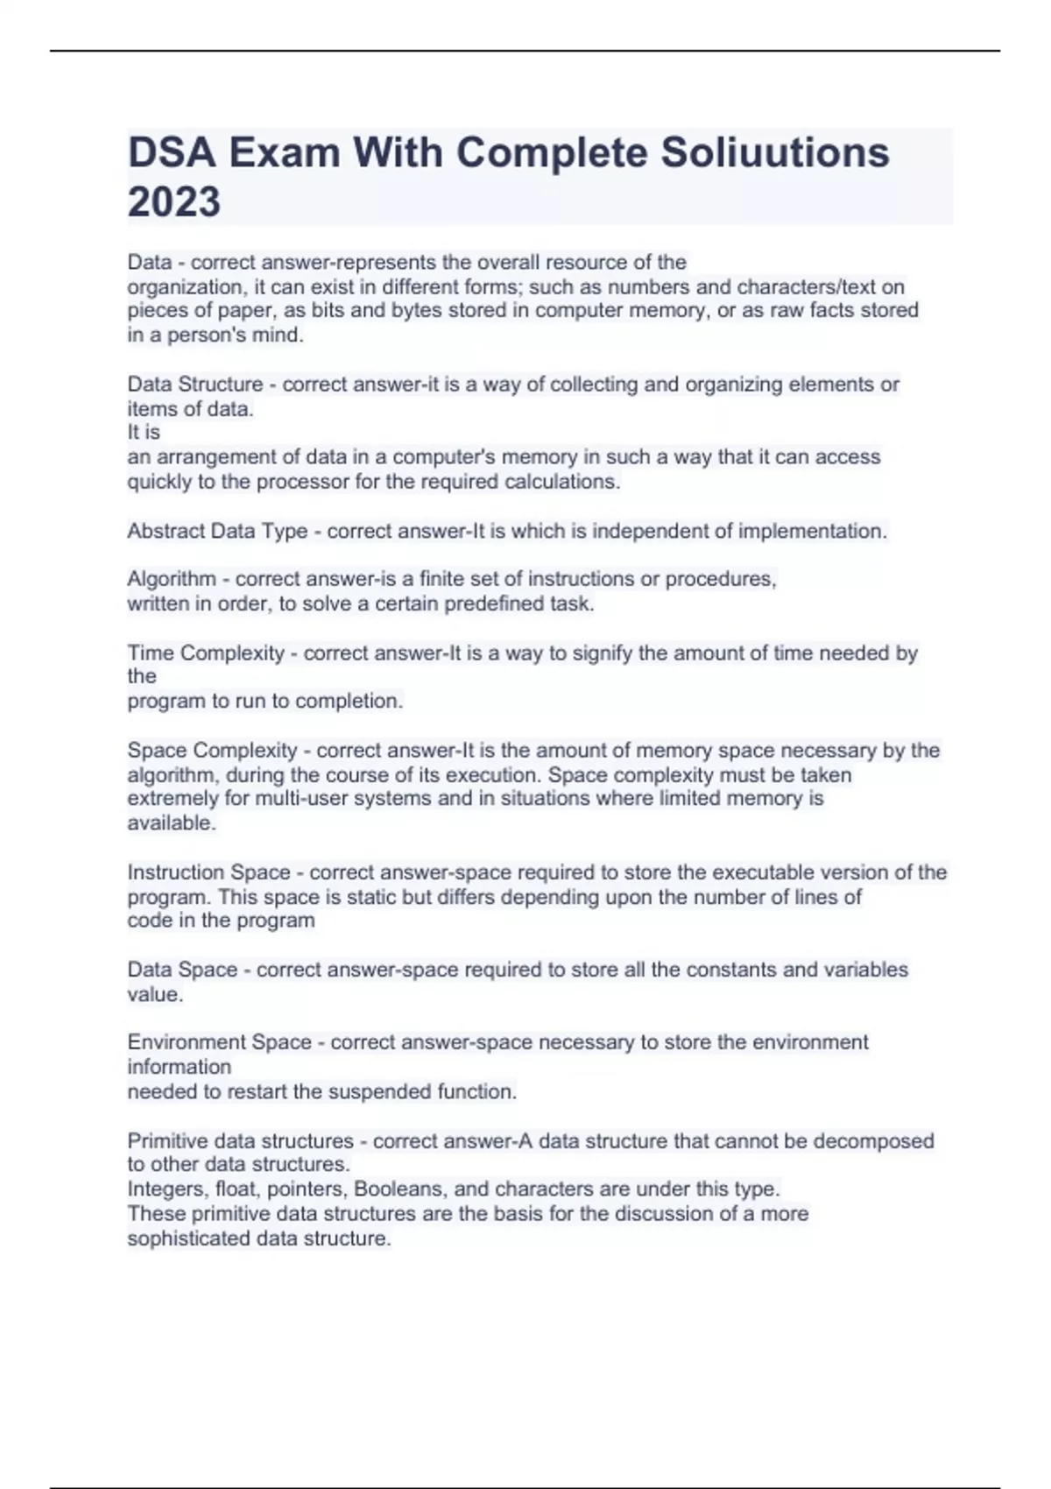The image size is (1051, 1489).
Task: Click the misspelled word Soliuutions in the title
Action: [x=774, y=152]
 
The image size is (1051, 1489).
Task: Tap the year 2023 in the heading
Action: [x=174, y=202]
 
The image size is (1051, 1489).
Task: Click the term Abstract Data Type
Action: [x=217, y=531]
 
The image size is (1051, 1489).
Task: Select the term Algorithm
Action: [x=172, y=579]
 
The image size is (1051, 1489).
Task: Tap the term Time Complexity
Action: [x=206, y=653]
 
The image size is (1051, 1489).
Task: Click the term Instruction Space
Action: [x=208, y=872]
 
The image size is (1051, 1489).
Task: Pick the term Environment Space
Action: [x=219, y=1042]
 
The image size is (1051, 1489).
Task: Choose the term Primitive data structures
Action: [x=240, y=1141]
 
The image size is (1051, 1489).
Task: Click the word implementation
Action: [x=812, y=531]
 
